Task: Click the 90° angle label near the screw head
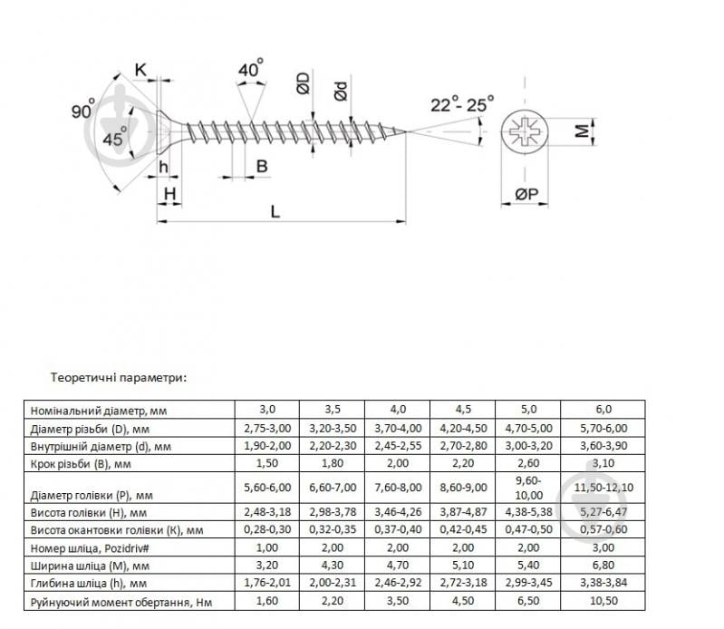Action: point(83,111)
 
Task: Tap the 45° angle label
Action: point(114,140)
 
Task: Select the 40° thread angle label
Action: point(251,70)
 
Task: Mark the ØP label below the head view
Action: point(526,194)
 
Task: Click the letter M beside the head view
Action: point(584,132)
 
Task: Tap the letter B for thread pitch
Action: point(261,166)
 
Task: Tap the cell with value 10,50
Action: point(603,601)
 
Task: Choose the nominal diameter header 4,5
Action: point(462,410)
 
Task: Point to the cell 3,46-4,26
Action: point(397,512)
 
